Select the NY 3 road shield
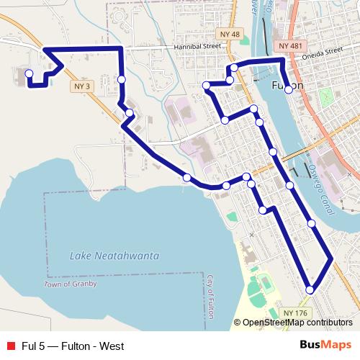(84, 86)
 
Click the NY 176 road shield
(294, 312)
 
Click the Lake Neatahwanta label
(114, 256)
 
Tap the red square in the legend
(11, 346)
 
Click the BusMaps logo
(325, 346)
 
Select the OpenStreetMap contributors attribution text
(297, 323)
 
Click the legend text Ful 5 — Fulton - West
(72, 346)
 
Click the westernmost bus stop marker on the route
(30, 73)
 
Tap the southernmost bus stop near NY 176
(310, 289)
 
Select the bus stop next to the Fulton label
(288, 89)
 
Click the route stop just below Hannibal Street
(122, 79)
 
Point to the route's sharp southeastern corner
(332, 258)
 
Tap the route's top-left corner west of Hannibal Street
(45, 49)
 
